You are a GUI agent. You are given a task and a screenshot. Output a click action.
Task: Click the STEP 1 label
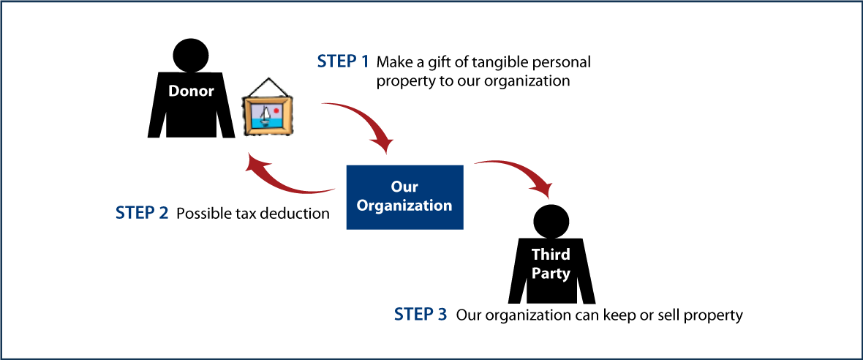(x=343, y=61)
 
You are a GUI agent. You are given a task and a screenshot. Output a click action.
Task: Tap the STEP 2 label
(x=142, y=214)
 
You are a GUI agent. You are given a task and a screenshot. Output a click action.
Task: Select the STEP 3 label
(x=420, y=315)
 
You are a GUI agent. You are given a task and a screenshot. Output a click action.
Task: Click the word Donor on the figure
(x=191, y=91)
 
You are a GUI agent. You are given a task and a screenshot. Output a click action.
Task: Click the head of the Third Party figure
(x=551, y=222)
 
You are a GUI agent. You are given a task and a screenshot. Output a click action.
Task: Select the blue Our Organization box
(x=404, y=197)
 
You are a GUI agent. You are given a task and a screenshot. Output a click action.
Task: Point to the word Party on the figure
(x=551, y=273)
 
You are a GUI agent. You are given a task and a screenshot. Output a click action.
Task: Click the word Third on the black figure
(x=551, y=255)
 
